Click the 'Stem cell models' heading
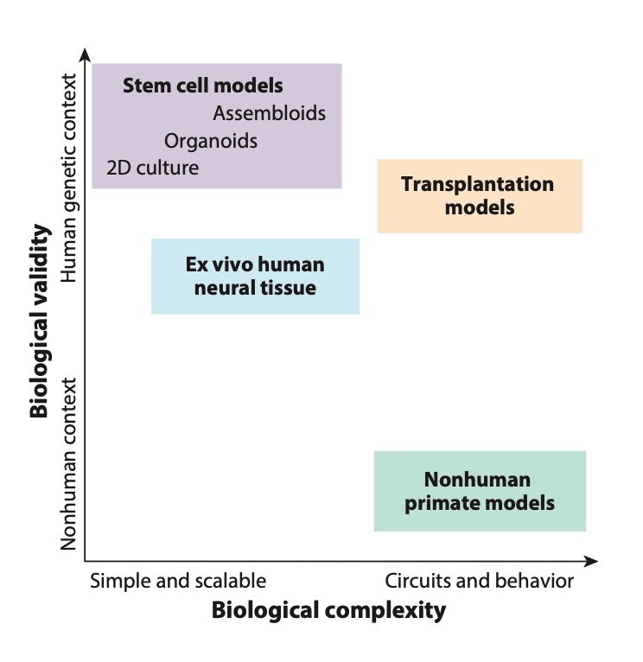(x=203, y=86)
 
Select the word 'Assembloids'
(x=269, y=113)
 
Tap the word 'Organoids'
(x=211, y=141)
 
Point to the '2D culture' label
(x=152, y=168)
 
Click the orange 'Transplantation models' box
(x=480, y=196)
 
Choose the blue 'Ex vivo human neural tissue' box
(x=255, y=276)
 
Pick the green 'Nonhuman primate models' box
(x=480, y=491)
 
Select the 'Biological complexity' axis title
(x=328, y=611)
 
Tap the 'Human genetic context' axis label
(x=71, y=179)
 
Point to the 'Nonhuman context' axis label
(x=71, y=463)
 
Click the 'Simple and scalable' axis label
(x=178, y=581)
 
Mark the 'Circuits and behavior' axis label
(x=479, y=581)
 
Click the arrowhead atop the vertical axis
(x=85, y=56)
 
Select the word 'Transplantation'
(x=477, y=184)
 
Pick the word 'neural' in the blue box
(x=226, y=288)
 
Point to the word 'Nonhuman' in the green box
(x=477, y=480)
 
